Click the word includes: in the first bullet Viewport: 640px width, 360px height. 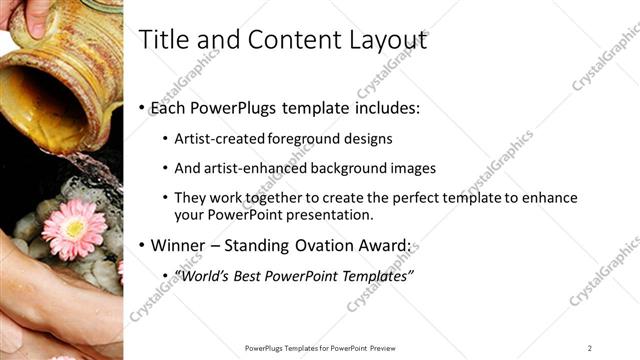[396, 106]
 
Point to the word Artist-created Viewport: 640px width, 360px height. [217, 139]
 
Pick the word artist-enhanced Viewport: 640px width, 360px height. [257, 168]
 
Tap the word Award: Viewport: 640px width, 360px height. [388, 246]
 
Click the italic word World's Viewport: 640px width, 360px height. [201, 276]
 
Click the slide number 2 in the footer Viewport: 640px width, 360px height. [590, 348]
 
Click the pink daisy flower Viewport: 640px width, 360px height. [73, 228]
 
